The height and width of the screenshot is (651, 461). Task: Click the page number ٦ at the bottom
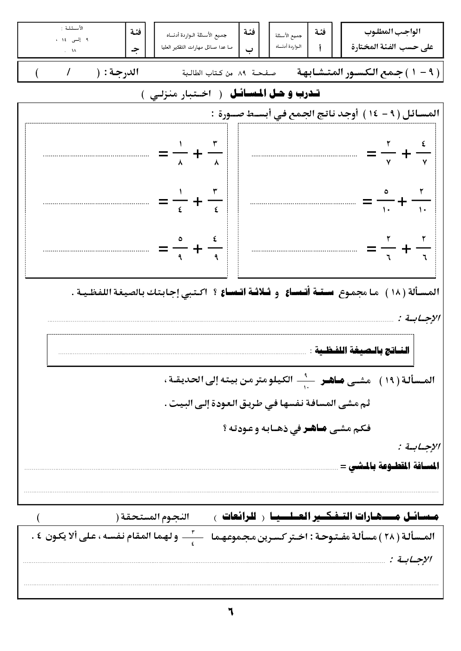[x=230, y=612]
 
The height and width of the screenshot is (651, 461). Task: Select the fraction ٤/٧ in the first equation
[x=423, y=153]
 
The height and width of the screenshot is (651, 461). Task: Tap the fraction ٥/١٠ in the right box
[x=386, y=200]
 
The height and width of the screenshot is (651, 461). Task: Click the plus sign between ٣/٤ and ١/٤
[x=198, y=201]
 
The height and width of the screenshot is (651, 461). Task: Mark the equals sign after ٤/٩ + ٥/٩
[x=163, y=249]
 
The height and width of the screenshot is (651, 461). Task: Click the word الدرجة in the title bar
[x=121, y=73]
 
